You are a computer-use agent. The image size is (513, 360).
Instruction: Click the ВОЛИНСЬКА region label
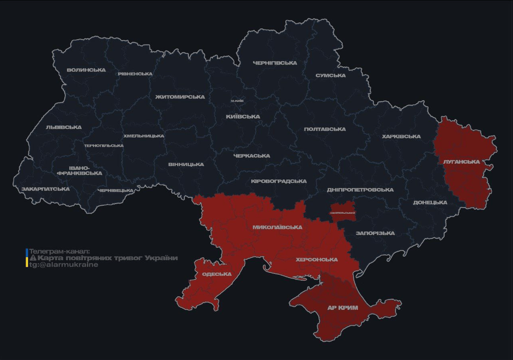[86, 70]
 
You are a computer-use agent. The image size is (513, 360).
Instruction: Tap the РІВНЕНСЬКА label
[135, 74]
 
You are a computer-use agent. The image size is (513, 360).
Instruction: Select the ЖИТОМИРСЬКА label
[180, 97]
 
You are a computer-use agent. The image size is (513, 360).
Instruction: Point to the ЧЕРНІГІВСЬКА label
[275, 63]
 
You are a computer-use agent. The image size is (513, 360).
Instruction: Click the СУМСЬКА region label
[331, 75]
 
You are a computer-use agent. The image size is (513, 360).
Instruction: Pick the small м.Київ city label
[237, 101]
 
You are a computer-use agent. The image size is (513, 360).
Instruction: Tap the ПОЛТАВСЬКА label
[325, 129]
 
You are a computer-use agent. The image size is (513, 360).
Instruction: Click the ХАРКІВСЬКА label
[401, 136]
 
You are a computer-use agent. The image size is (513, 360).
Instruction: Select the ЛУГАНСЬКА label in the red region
[461, 162]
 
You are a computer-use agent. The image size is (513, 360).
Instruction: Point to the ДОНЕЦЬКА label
[430, 202]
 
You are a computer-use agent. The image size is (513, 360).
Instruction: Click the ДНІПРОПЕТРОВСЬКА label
[360, 190]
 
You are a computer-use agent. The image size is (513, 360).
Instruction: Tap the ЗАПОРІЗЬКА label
[375, 233]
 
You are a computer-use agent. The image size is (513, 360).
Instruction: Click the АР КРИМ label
[343, 308]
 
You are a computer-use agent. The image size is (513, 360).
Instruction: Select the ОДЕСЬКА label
[217, 274]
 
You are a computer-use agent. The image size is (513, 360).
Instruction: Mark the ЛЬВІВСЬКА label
[64, 127]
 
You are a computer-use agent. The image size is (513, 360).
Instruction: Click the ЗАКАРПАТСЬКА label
[45, 189]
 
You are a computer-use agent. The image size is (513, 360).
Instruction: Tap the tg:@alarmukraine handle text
[64, 264]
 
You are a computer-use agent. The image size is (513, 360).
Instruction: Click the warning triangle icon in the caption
[33, 258]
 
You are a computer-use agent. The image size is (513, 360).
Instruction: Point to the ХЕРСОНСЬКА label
[317, 259]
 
